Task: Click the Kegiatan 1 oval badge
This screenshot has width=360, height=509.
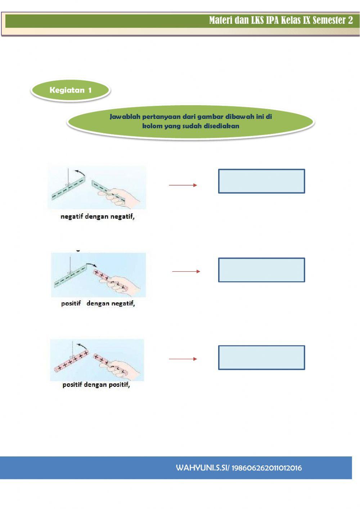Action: pyautogui.click(x=71, y=90)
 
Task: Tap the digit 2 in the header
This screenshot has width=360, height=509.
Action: pyautogui.click(x=350, y=21)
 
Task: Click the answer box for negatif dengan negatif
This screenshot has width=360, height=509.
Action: pyautogui.click(x=261, y=181)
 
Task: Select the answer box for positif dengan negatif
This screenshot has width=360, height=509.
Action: pyautogui.click(x=261, y=270)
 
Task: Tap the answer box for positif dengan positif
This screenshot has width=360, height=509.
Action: pyautogui.click(x=261, y=358)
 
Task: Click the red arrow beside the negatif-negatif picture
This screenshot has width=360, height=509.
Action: pyautogui.click(x=183, y=185)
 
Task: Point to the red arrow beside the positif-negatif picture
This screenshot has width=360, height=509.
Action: pyautogui.click(x=186, y=271)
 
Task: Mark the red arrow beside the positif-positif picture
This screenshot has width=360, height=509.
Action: pyautogui.click(x=183, y=359)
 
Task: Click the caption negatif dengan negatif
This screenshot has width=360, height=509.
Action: pyautogui.click(x=98, y=217)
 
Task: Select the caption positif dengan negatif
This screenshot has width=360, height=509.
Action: pyautogui.click(x=98, y=304)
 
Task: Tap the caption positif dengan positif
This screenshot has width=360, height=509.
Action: pyautogui.click(x=96, y=385)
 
